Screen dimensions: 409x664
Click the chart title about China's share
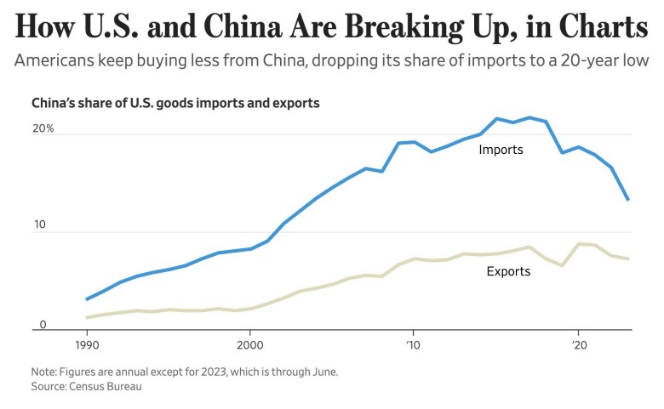pos(175,104)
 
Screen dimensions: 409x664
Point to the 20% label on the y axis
pos(43,128)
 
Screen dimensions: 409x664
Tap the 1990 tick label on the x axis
pos(87,347)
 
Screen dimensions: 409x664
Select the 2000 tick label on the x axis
pos(250,347)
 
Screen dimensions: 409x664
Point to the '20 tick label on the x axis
pos(578,347)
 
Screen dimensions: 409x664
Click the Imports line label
pos(501,150)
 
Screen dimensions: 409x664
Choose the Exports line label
pos(508,272)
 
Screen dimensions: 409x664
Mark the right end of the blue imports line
pos(628,200)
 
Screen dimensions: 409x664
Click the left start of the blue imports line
pos(87,299)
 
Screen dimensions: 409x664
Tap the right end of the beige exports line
pos(628,258)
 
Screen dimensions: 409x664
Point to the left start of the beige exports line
pos(87,318)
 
